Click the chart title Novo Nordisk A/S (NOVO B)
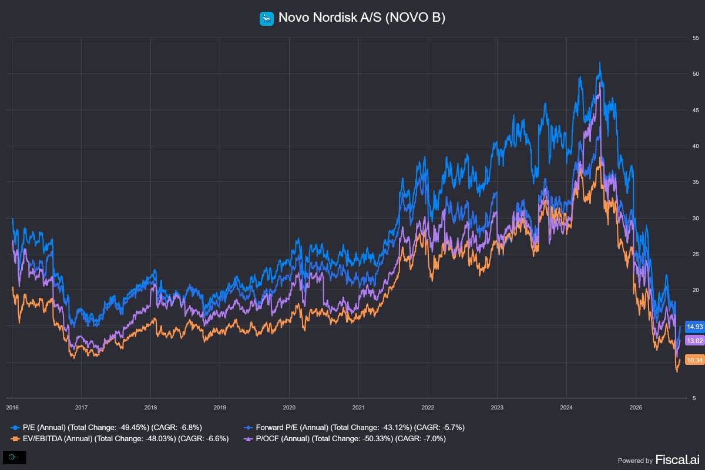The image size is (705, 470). (362, 18)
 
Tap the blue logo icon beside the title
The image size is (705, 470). (267, 19)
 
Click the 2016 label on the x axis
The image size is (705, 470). (12, 407)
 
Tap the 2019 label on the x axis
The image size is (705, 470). (220, 407)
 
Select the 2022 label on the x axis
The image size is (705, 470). (428, 407)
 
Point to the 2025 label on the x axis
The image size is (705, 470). (636, 407)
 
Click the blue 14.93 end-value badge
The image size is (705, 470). (694, 327)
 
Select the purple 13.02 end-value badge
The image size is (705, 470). (694, 341)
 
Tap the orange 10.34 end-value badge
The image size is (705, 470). (694, 360)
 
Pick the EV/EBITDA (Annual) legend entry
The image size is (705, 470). (124, 438)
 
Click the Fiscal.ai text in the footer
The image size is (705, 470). (677, 460)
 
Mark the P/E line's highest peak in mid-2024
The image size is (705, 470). (599, 62)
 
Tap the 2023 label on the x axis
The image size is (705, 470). (497, 407)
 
